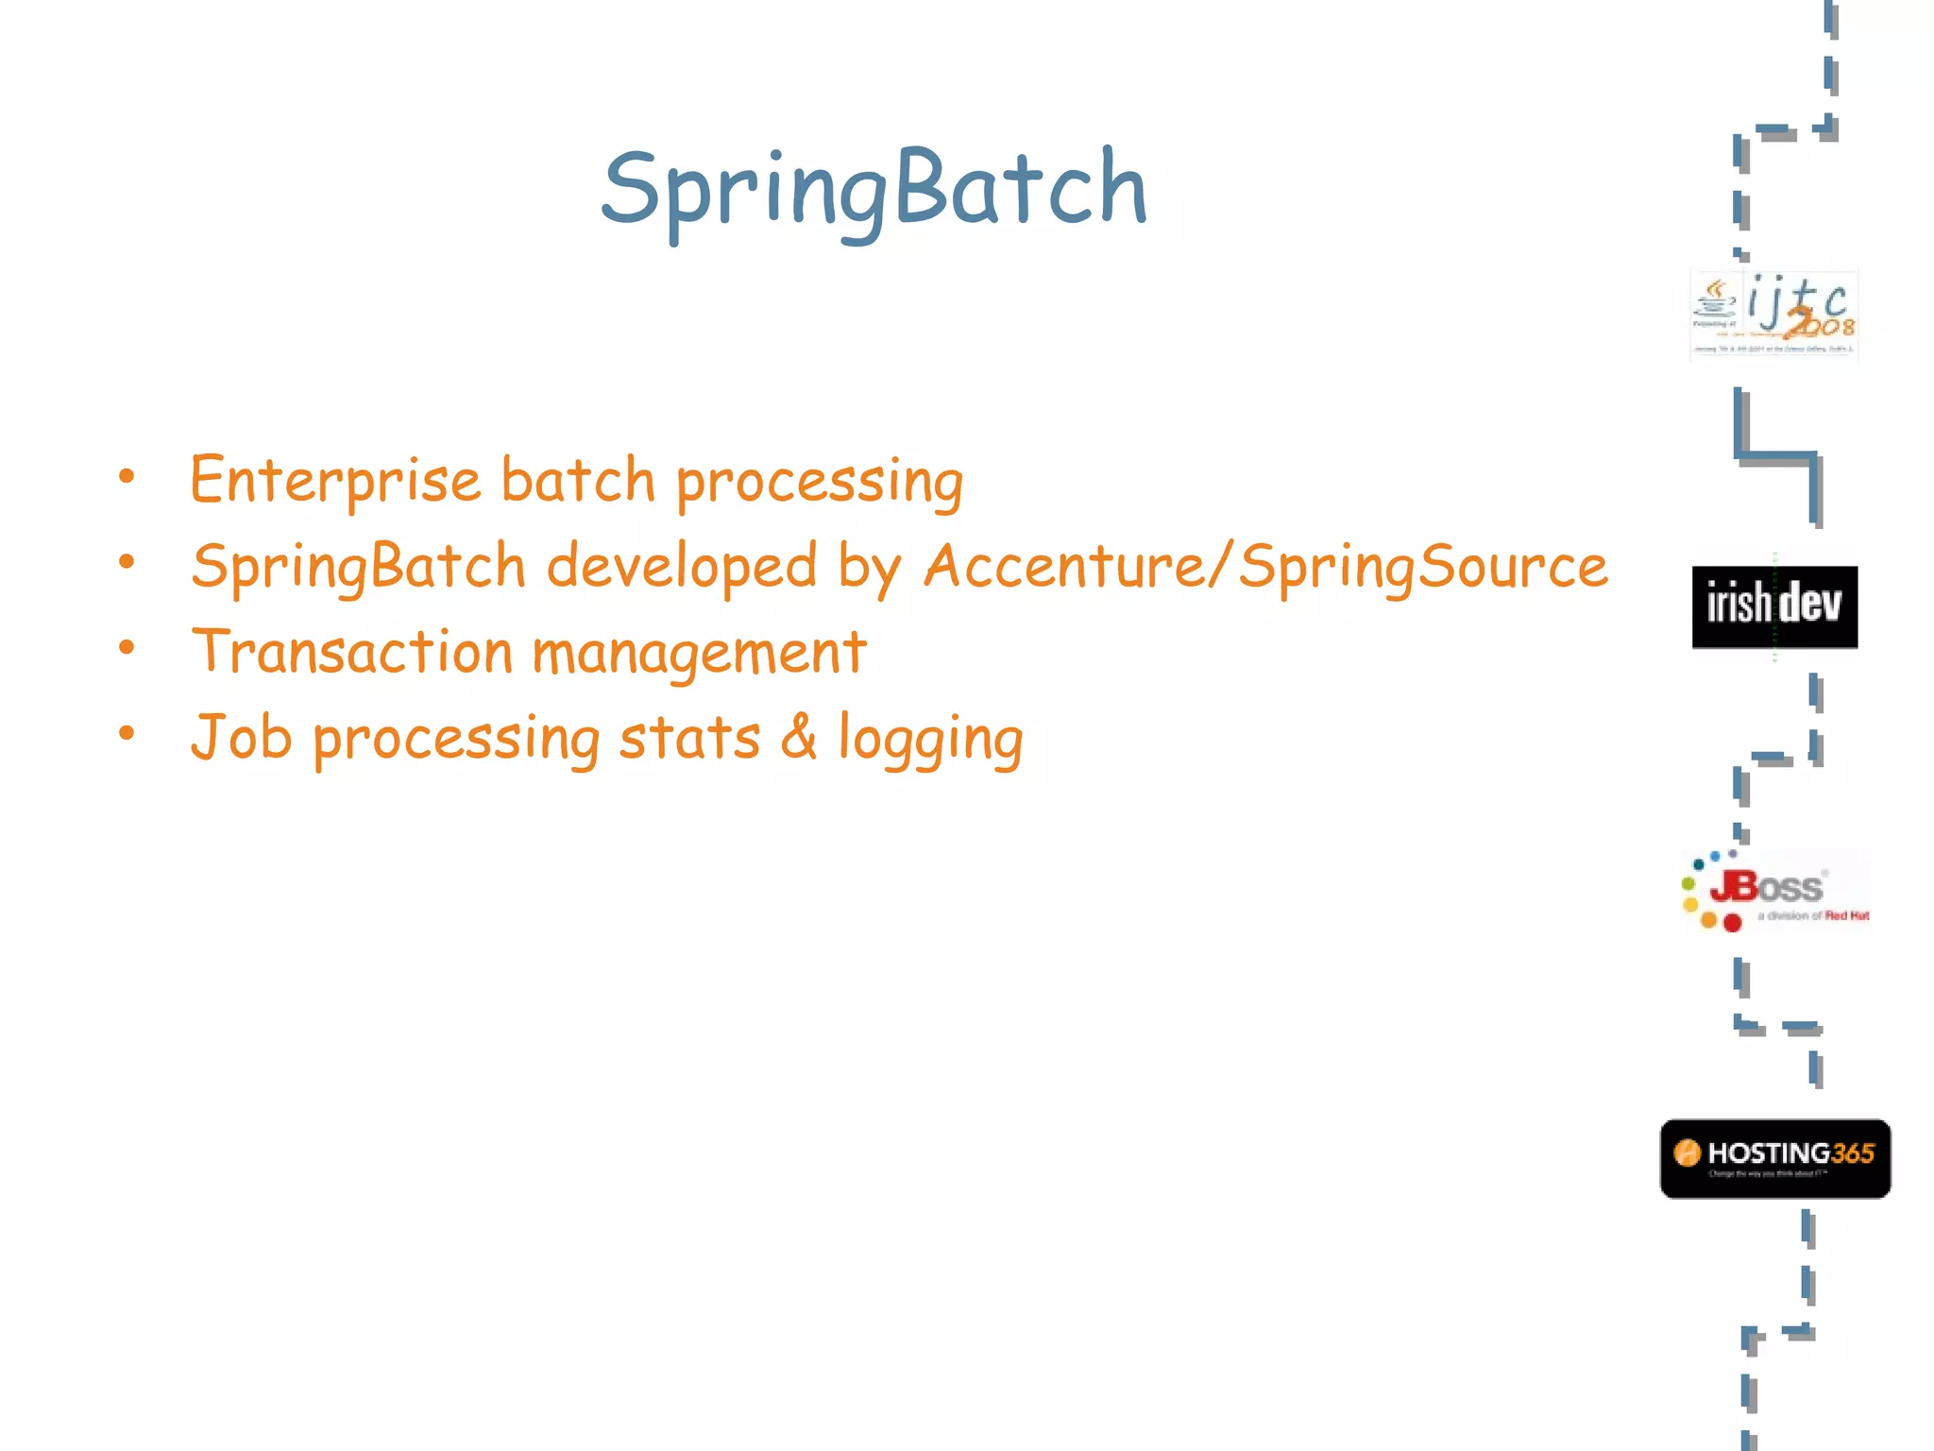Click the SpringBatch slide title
click(874, 189)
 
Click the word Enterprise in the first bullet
click(335, 480)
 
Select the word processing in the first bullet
click(819, 482)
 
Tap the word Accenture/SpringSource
click(1265, 567)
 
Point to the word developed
click(681, 567)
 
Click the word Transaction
click(351, 652)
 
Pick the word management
click(699, 654)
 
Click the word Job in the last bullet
click(241, 738)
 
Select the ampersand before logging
click(799, 738)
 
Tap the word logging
click(930, 740)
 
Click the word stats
click(689, 738)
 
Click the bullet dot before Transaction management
click(127, 648)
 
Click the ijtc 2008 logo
click(1773, 314)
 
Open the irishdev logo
click(1773, 606)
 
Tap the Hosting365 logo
click(1774, 1158)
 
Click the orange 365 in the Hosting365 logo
click(1852, 1153)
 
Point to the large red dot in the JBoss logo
click(1732, 922)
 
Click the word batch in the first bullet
click(577, 480)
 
